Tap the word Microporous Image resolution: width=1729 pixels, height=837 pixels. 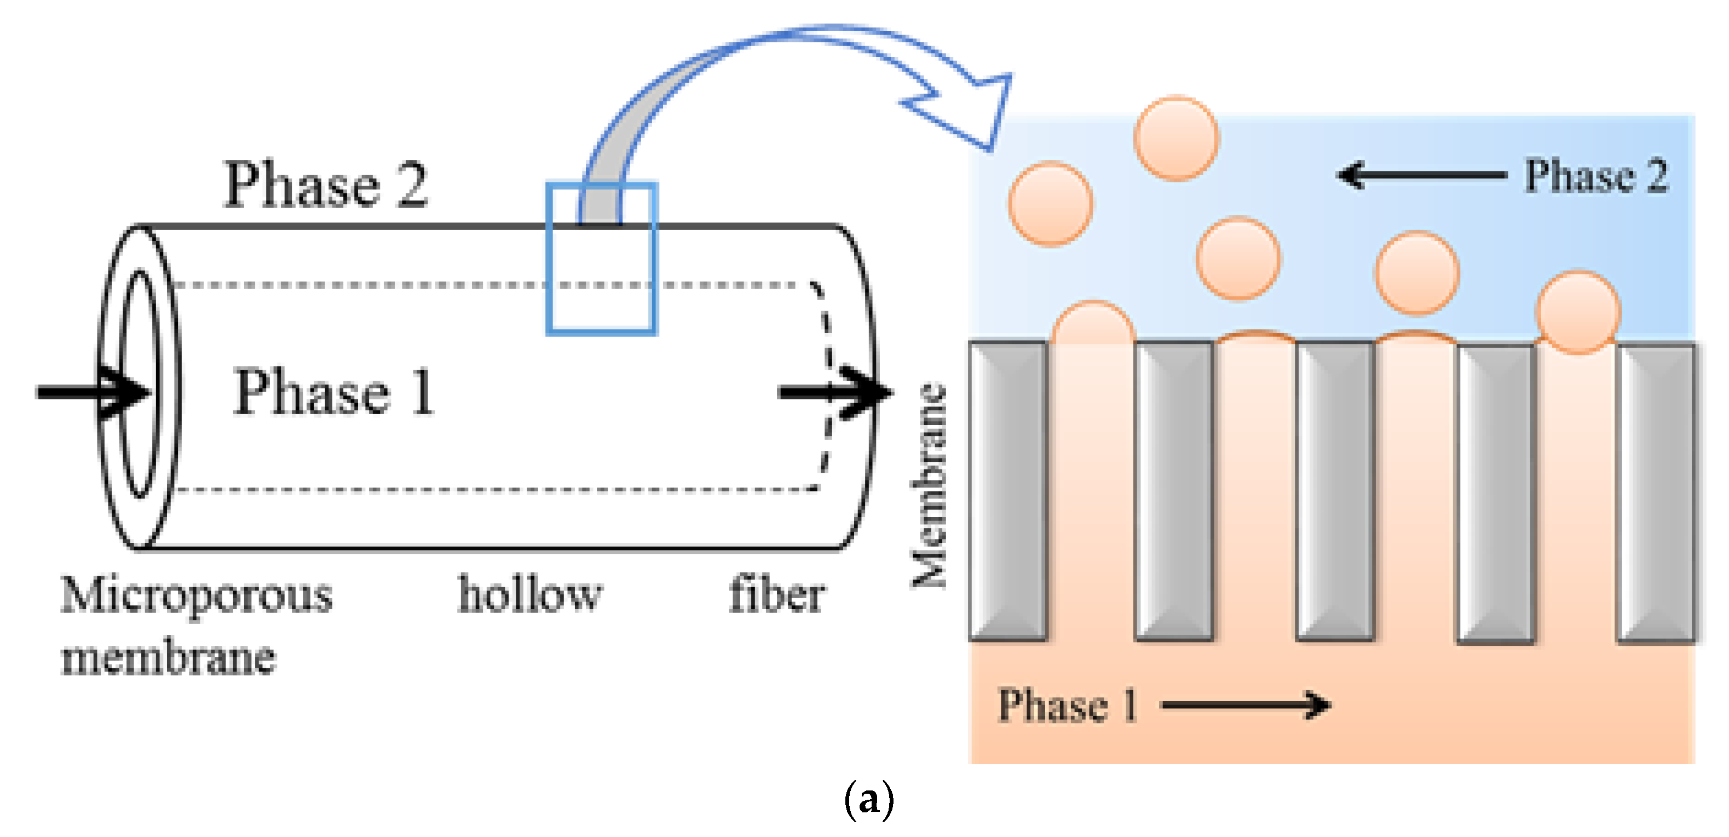196,595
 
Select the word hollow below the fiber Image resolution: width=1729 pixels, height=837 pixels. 529,594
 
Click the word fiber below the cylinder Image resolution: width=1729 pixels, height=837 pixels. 777,594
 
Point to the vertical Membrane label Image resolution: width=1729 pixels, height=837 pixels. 930,485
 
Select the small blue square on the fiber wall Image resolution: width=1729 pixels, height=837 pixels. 601,259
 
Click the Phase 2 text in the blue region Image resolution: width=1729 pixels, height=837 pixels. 1596,176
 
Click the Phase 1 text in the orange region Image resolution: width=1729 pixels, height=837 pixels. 1067,706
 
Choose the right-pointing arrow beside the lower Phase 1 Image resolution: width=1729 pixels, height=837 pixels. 1246,706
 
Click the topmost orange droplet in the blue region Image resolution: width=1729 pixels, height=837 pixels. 1176,139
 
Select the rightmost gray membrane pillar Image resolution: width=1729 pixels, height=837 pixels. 1657,494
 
